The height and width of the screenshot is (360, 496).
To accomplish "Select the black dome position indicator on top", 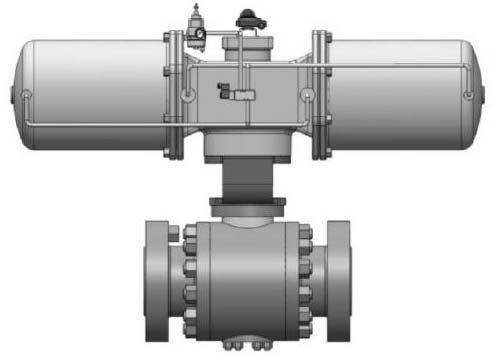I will [x=246, y=18].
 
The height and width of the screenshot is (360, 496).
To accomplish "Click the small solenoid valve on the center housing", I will [x=240, y=95].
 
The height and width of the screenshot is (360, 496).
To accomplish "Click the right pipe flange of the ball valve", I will [x=338, y=280].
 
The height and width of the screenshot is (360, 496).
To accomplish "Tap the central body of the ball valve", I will [x=247, y=280].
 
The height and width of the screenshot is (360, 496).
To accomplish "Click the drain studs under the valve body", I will [x=247, y=346].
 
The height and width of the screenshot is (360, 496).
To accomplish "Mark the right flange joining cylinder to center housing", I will [x=320, y=95].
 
